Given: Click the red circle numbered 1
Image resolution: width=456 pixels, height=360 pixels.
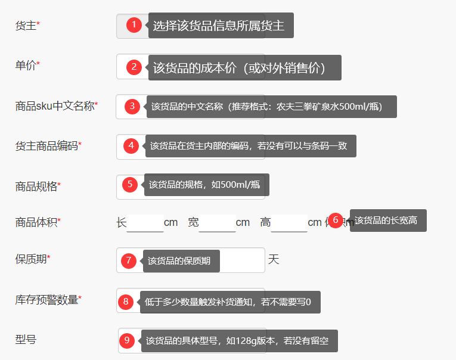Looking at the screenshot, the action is (134, 25).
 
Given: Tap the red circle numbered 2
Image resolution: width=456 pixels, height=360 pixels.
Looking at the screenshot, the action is (134, 67).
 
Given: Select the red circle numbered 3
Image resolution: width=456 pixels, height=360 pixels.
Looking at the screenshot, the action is (132, 106).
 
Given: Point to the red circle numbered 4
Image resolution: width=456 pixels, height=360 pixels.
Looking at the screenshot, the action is (131, 145).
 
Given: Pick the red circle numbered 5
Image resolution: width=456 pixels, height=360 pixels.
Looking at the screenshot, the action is (130, 184).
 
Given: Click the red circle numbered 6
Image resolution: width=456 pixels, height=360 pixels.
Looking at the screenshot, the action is (336, 220).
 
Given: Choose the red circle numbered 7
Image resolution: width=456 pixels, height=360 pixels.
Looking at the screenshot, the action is (128, 260).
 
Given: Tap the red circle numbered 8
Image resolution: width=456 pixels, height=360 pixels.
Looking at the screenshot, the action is (126, 302).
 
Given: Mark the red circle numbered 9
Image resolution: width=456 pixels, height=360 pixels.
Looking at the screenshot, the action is (127, 340).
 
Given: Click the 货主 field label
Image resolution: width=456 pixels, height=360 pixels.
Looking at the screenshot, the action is (26, 26).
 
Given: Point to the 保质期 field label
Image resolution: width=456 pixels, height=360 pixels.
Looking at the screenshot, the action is (31, 259).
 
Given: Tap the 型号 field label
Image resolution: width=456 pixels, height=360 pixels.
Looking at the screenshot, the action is (26, 340).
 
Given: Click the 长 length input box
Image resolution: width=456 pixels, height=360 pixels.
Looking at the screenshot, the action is (145, 223).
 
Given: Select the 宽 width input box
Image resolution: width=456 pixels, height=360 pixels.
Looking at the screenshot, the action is (218, 223).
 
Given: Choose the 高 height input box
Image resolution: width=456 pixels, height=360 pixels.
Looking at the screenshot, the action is (289, 223).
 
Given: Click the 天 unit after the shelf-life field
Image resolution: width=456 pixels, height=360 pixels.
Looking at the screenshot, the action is (274, 260).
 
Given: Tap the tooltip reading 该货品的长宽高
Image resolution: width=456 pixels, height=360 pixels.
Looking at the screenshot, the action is (388, 221).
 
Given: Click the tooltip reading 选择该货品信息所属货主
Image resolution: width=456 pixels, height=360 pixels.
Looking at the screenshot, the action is (221, 26).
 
